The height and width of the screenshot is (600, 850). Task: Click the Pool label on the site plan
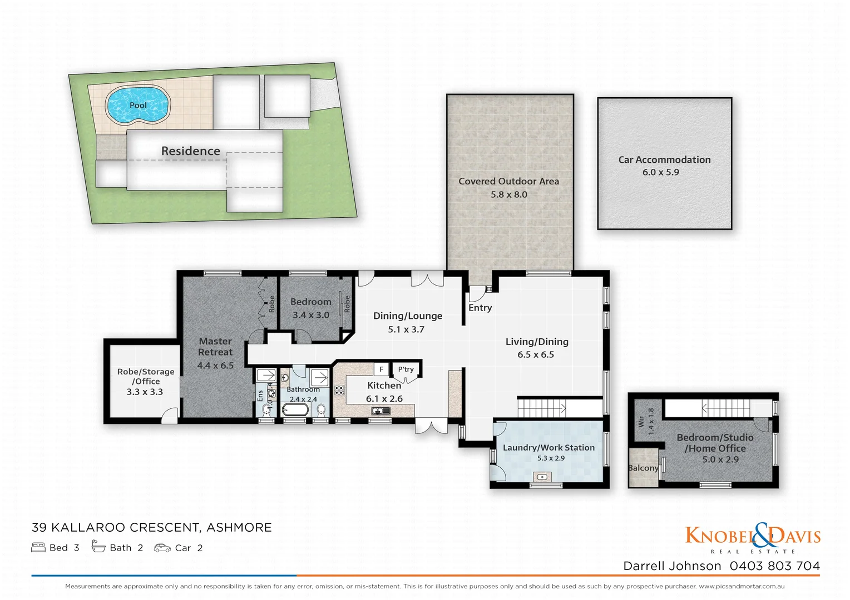click(x=138, y=105)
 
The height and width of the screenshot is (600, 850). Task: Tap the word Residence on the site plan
click(x=190, y=151)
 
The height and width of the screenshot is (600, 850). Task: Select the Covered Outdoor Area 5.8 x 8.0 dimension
click(x=508, y=194)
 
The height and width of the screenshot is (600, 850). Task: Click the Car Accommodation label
click(x=664, y=160)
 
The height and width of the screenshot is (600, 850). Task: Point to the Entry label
click(x=480, y=308)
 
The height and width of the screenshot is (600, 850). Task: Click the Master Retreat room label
click(x=215, y=347)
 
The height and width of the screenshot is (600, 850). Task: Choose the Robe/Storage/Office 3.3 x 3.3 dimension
click(x=145, y=392)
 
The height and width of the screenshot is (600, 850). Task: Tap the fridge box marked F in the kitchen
click(x=381, y=369)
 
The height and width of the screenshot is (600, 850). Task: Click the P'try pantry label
click(x=406, y=369)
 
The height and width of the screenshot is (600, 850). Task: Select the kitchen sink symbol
click(x=381, y=411)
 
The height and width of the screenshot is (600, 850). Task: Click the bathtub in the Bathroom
click(x=295, y=411)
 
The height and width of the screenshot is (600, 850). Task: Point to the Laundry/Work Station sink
click(x=542, y=477)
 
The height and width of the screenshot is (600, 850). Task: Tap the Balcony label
click(x=643, y=468)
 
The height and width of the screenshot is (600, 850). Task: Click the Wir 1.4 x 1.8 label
click(x=646, y=421)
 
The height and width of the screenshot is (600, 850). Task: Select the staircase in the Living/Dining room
click(x=542, y=409)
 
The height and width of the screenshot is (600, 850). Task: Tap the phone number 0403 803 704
click(x=774, y=566)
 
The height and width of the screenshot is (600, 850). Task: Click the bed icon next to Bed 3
click(x=38, y=548)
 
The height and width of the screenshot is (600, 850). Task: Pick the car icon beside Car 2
click(x=162, y=548)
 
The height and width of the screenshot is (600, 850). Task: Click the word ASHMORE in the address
click(x=239, y=528)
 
